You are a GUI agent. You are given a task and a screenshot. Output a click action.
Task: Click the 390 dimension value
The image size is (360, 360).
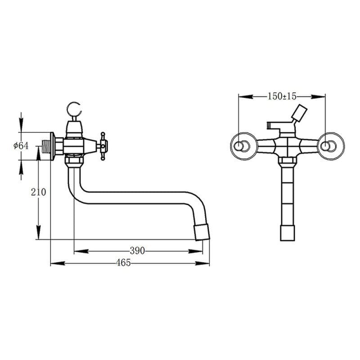(137, 251)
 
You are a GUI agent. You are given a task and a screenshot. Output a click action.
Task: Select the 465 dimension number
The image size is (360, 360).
(123, 263)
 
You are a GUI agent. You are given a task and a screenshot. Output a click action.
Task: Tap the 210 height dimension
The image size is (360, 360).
(38, 192)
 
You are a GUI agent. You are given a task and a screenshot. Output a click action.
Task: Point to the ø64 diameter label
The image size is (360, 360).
(21, 146)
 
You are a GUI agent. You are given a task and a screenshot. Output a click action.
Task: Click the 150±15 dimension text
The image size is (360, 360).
(282, 96)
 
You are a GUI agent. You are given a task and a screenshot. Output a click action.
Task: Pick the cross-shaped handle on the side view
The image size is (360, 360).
(103, 146)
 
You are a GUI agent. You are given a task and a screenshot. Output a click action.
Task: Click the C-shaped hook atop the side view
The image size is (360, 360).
(74, 109)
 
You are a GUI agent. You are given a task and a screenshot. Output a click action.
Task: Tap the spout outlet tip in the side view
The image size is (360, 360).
(202, 232)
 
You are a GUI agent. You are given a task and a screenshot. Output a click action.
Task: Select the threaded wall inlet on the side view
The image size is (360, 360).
(46, 146)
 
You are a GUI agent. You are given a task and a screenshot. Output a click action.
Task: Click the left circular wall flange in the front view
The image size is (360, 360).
(243, 146)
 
